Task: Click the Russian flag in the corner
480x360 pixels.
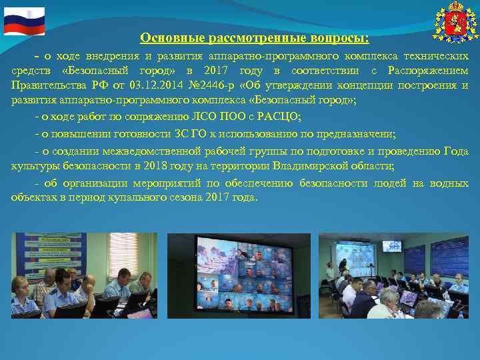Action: tap(24, 21)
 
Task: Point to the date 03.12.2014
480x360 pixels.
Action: tap(156, 85)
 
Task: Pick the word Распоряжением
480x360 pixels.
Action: tap(430, 70)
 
